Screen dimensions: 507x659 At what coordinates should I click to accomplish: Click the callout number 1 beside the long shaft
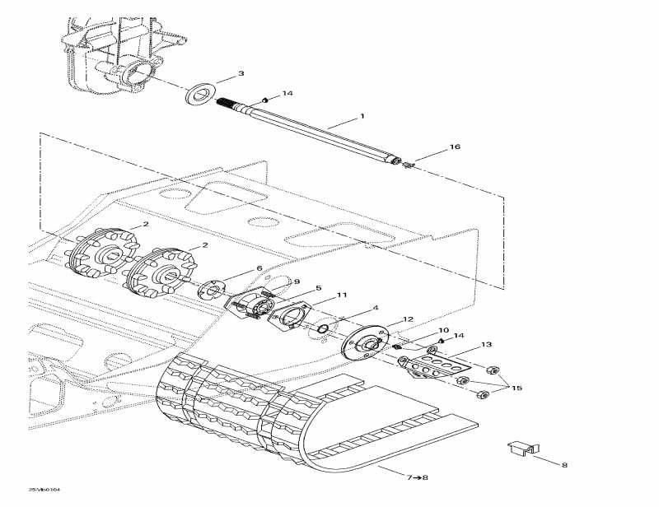(x=360, y=117)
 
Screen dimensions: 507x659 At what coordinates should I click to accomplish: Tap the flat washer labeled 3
(x=199, y=91)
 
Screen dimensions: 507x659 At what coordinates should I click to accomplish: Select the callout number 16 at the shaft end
(x=455, y=147)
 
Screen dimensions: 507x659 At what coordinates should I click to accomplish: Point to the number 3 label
(x=241, y=74)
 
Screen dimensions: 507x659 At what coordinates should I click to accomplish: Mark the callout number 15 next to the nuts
(x=516, y=388)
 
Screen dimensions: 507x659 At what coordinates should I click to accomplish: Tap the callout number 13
(x=486, y=345)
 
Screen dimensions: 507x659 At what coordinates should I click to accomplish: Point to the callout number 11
(x=341, y=295)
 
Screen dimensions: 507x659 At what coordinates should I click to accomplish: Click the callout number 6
(x=259, y=268)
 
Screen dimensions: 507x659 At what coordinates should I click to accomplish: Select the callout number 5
(x=319, y=289)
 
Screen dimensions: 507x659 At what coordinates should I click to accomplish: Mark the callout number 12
(x=408, y=320)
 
